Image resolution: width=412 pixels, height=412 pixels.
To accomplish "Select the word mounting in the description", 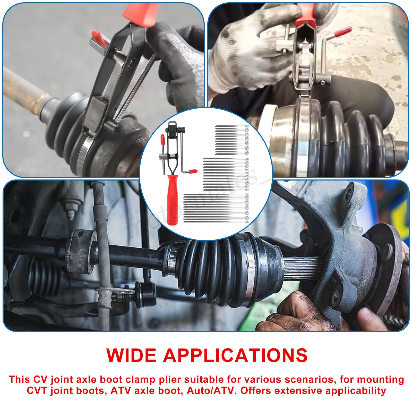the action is coord(382,380).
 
